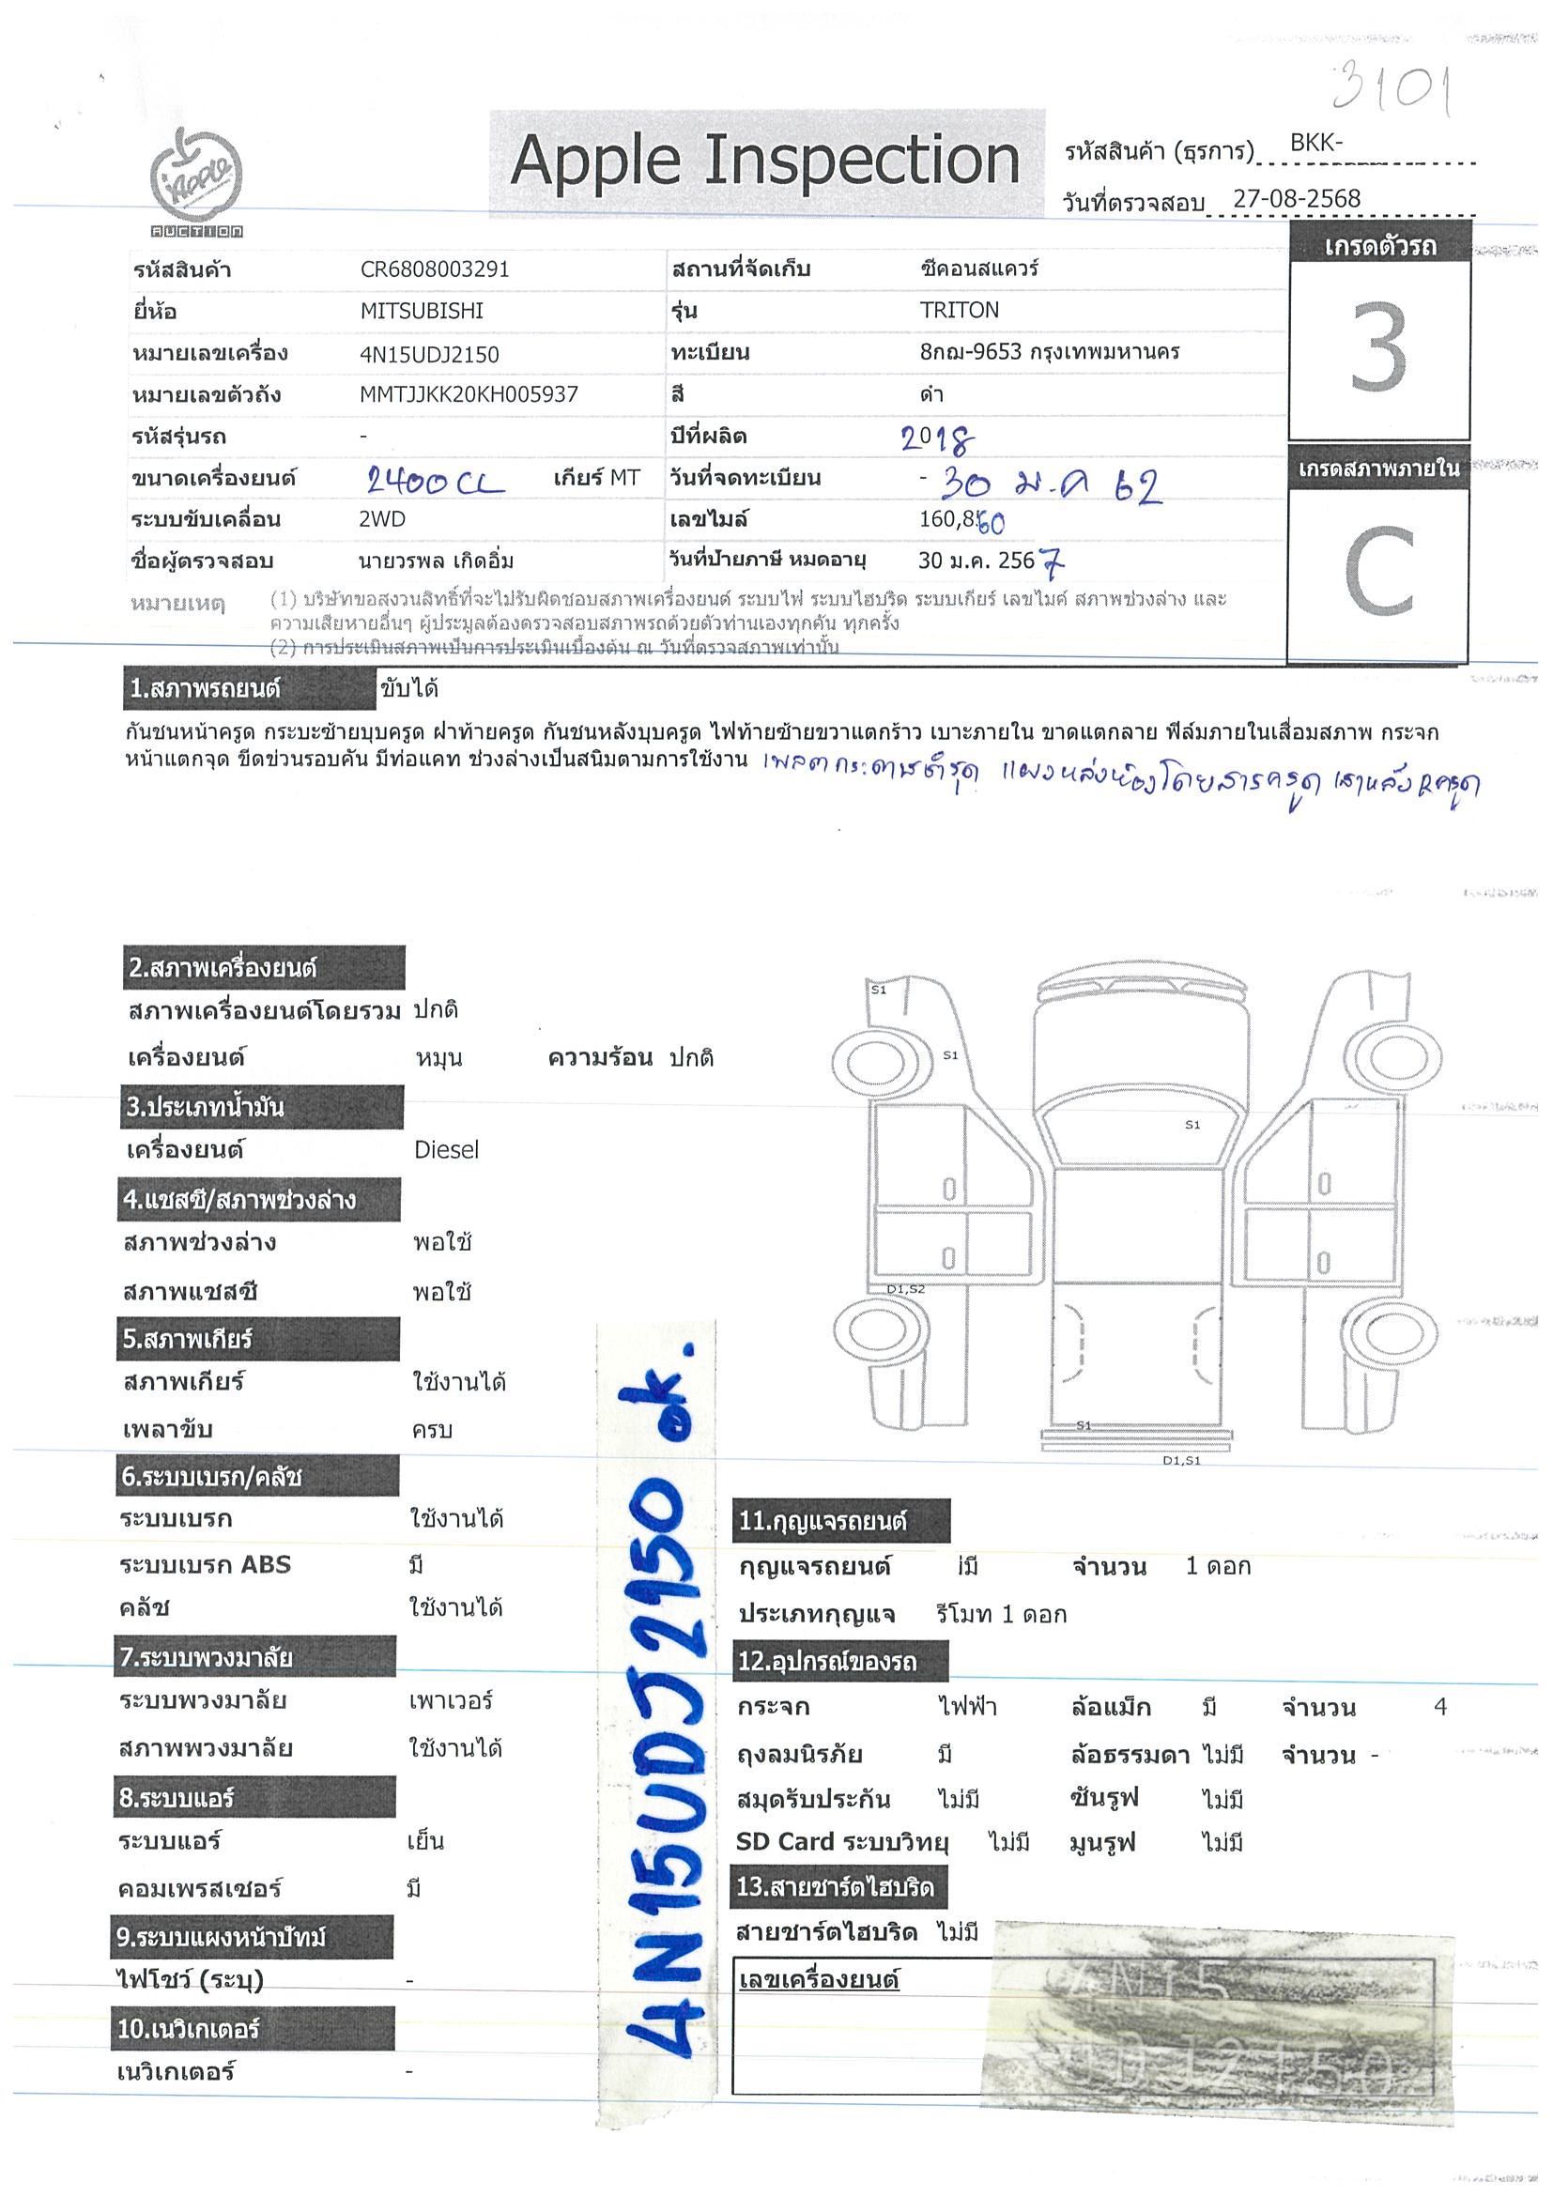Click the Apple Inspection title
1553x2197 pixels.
pyautogui.click(x=764, y=160)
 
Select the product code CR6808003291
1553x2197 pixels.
pyautogui.click(x=435, y=269)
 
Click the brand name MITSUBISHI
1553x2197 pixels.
pyautogui.click(x=421, y=311)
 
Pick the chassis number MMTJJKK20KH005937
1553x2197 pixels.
pyautogui.click(x=468, y=394)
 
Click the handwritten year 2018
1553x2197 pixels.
pyautogui.click(x=937, y=439)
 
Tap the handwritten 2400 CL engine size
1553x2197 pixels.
pyautogui.click(x=436, y=482)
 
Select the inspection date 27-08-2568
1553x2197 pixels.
pyautogui.click(x=1296, y=199)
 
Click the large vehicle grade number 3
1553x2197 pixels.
pyautogui.click(x=1378, y=347)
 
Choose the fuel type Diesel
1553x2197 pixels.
pyautogui.click(x=446, y=1150)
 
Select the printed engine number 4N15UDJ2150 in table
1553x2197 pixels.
pyautogui.click(x=429, y=354)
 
